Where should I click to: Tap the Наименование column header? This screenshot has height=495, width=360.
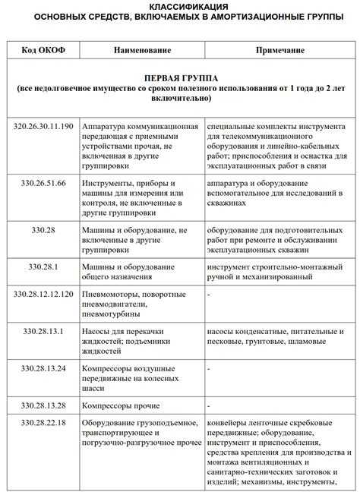(x=143, y=50)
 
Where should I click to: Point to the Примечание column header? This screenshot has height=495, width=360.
(x=280, y=50)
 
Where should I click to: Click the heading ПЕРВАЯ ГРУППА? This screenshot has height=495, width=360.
(x=180, y=78)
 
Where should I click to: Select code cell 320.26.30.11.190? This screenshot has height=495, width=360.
(x=44, y=126)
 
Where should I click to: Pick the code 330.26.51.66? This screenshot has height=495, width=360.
(x=44, y=183)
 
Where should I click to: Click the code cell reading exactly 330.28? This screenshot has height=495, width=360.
(x=44, y=228)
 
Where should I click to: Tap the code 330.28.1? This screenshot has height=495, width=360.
(x=44, y=266)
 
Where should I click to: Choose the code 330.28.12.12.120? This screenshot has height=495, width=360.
(x=44, y=292)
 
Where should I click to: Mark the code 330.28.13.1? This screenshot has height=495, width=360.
(x=44, y=331)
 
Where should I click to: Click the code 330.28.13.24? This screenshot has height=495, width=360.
(x=44, y=369)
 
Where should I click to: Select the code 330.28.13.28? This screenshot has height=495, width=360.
(x=44, y=405)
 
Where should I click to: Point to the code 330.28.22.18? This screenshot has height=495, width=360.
(x=44, y=423)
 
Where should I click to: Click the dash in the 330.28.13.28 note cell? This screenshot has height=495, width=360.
(x=209, y=406)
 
